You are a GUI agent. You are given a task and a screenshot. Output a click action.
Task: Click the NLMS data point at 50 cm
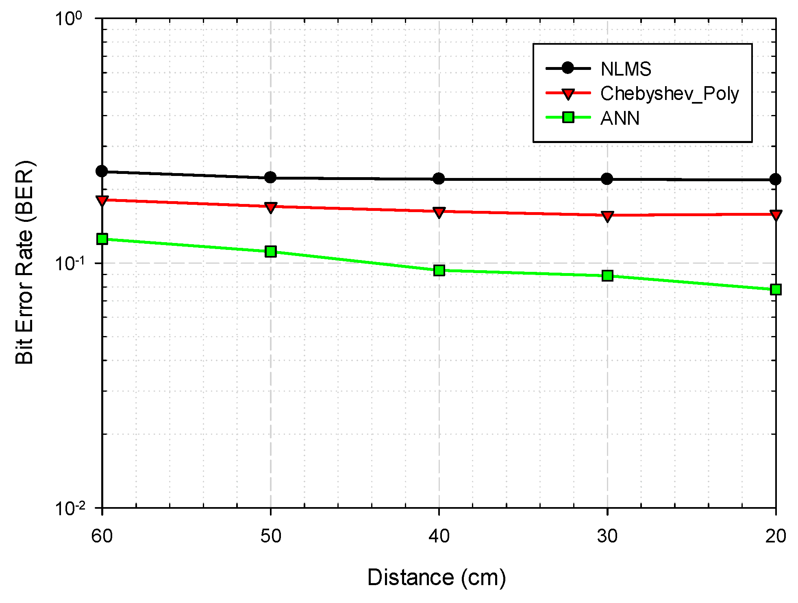coord(270,177)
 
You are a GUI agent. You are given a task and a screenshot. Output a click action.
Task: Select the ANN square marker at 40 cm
coord(439,270)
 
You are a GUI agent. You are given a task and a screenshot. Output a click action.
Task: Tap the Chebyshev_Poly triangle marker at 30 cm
coord(607,216)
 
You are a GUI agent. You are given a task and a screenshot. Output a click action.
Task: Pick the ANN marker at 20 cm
coord(776,289)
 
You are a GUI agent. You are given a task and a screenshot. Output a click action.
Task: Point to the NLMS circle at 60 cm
coord(102,171)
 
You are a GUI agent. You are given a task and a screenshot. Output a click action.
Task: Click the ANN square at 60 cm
coord(102,239)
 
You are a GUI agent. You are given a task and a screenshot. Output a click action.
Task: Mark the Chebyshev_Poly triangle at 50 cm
coord(270,208)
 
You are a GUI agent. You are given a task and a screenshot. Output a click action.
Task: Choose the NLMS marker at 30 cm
coord(607,179)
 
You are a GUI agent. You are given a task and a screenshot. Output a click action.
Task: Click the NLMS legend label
coord(626,69)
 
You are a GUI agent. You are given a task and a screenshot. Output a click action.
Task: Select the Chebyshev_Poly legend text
coord(669,94)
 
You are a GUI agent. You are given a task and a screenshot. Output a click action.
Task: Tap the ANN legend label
coord(620,118)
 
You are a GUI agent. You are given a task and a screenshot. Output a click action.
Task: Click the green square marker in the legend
coord(568,117)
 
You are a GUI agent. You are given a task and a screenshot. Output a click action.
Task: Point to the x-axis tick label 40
coord(439,536)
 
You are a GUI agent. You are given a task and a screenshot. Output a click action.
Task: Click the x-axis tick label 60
coord(102,536)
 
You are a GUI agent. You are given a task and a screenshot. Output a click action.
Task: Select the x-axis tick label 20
coord(776,536)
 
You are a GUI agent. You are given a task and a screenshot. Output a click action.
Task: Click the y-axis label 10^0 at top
coord(68,19)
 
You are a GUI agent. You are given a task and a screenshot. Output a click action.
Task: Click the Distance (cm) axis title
coord(437,577)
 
